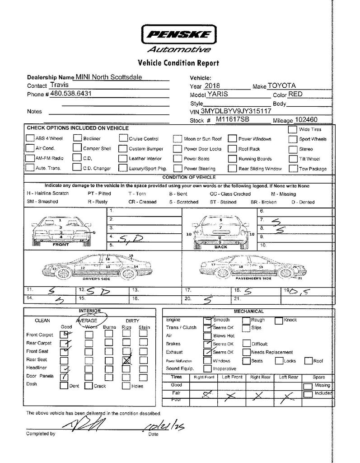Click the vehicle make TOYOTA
(x=281, y=85)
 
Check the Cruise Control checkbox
(x=123, y=139)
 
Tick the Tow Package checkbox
(x=292, y=169)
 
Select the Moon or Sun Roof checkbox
(x=177, y=139)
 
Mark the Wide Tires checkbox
(x=292, y=129)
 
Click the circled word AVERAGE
(x=89, y=320)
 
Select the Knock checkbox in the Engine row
(x=279, y=320)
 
